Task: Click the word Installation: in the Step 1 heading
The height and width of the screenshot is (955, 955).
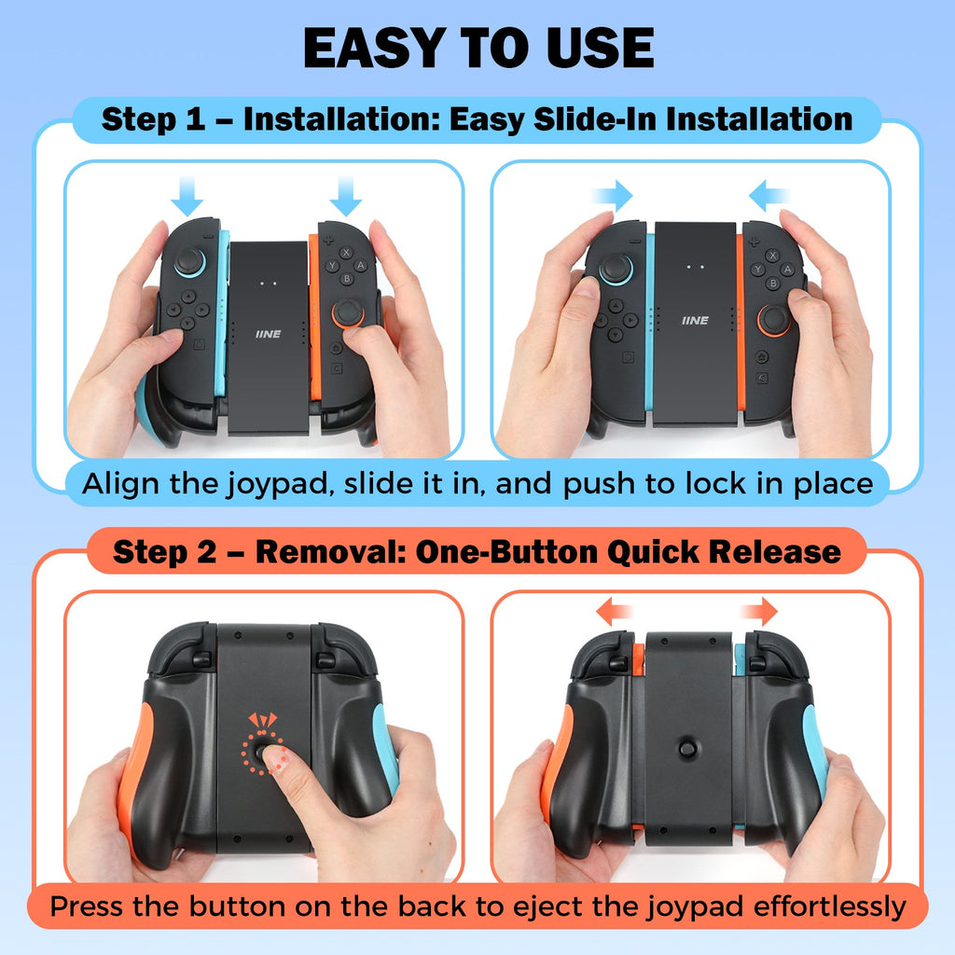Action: (341, 118)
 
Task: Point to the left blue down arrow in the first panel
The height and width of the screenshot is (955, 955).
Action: (187, 196)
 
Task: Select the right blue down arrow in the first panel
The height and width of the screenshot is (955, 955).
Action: (345, 196)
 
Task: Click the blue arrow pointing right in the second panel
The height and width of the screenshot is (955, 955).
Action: (612, 196)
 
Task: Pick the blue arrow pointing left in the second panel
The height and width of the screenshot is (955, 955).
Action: (768, 196)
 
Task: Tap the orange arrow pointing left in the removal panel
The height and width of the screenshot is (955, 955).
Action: (616, 612)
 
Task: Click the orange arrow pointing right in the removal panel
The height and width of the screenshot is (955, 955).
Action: (758, 612)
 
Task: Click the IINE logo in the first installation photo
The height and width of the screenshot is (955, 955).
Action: (268, 334)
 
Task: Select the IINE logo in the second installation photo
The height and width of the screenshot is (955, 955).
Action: (695, 321)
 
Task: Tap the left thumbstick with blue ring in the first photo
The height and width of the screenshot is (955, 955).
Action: (190, 261)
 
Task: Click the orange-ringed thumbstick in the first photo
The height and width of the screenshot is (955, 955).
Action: (348, 312)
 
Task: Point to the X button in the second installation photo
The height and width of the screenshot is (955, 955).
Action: (772, 256)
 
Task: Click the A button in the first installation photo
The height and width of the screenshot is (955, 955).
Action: (361, 266)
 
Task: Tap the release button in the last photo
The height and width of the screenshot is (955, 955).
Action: (687, 748)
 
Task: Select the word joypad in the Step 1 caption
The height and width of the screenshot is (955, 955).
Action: (280, 485)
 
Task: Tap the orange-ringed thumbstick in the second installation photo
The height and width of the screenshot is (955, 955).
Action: (773, 320)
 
